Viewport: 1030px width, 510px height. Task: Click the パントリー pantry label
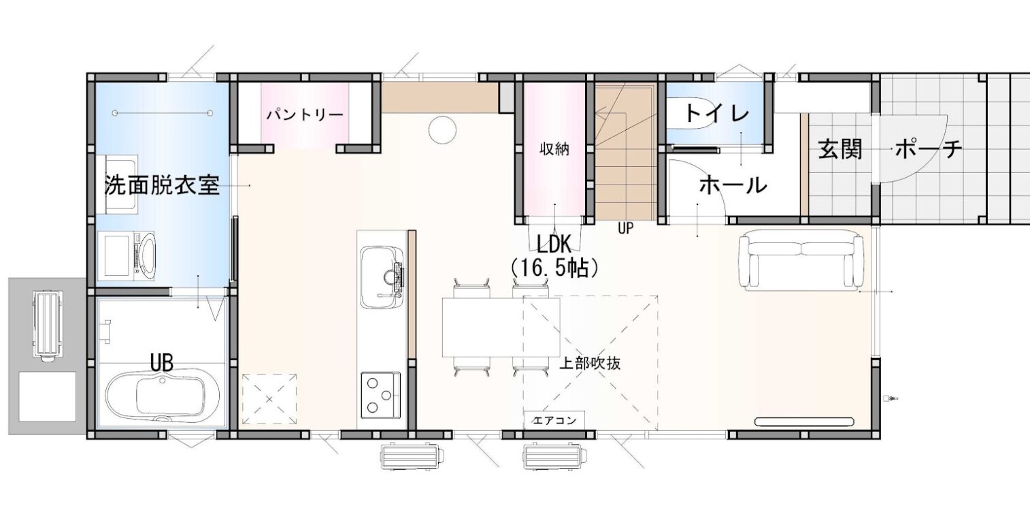point(304,114)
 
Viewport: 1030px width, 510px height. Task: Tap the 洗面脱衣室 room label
point(162,185)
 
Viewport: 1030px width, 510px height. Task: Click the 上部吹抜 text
point(589,364)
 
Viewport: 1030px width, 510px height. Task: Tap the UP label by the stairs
point(626,229)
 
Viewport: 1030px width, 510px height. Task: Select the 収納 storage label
point(554,149)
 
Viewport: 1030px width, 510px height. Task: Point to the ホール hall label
point(733,185)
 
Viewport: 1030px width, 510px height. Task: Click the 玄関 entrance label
point(840,149)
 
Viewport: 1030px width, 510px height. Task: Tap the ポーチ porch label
point(929,149)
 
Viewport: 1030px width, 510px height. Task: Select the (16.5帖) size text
point(554,268)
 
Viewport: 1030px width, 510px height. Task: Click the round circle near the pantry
point(441,129)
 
